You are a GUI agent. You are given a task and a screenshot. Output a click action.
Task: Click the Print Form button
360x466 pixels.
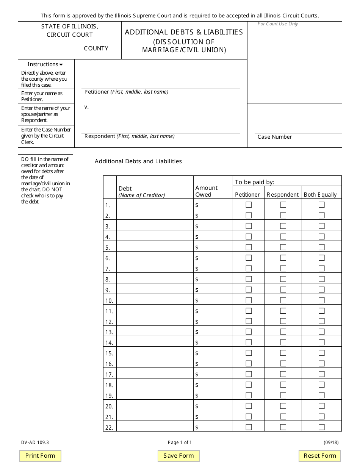pyautogui.click(x=40, y=456)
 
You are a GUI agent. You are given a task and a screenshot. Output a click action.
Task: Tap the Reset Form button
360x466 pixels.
pyautogui.click(x=320, y=456)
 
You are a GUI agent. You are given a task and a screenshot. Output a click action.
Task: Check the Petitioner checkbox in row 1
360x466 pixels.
pyautogui.click(x=249, y=205)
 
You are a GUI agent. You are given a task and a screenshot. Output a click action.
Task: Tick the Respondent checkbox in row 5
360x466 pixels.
pyautogui.click(x=283, y=247)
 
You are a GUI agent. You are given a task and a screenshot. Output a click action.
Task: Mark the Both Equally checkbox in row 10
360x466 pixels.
pyautogui.click(x=322, y=300)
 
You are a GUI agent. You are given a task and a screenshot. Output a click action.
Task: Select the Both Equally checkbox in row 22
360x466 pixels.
pyautogui.click(x=322, y=427)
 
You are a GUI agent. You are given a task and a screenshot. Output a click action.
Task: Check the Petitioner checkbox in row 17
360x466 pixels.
pyautogui.click(x=249, y=374)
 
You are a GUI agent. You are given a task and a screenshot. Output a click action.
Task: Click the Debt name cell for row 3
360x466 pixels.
pyautogui.click(x=155, y=226)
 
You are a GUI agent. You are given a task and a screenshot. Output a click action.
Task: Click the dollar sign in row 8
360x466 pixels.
pyautogui.click(x=197, y=279)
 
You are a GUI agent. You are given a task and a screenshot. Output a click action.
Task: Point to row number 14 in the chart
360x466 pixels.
pyautogui.click(x=109, y=343)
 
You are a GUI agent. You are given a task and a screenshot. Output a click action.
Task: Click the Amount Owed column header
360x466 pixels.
pyautogui.click(x=207, y=191)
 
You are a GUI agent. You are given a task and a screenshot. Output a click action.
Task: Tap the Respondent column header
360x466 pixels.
pyautogui.click(x=283, y=195)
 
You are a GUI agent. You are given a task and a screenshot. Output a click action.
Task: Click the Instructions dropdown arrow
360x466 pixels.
pyautogui.click(x=61, y=64)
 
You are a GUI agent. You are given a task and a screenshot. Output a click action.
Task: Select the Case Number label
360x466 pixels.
pyautogui.click(x=275, y=137)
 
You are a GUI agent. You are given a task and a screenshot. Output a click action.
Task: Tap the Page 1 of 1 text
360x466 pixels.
pyautogui.click(x=180, y=442)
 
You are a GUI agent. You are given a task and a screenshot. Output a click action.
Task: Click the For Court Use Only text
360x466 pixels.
pyautogui.click(x=278, y=24)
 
